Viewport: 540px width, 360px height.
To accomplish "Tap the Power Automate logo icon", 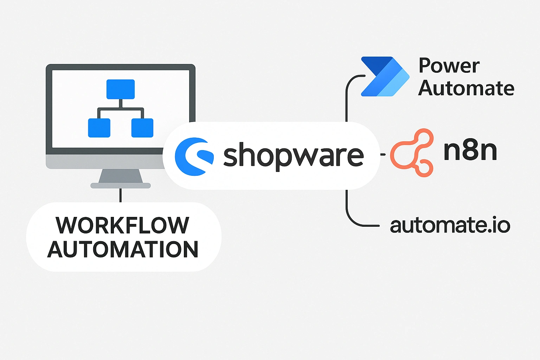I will click(x=385, y=76).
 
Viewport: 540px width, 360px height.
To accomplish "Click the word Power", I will click(x=449, y=66).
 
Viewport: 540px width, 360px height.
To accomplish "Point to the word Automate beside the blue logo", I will click(x=466, y=88).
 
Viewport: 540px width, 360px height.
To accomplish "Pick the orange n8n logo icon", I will click(x=411, y=153).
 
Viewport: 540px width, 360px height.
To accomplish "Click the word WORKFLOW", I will click(x=122, y=225).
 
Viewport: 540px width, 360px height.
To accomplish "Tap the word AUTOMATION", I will click(x=123, y=249).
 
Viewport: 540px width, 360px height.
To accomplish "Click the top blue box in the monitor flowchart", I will click(x=121, y=89).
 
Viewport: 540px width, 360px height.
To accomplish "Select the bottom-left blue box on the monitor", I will click(x=99, y=128).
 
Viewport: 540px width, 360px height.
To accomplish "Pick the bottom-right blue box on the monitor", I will click(x=142, y=128).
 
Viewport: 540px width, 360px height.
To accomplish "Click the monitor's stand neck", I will click(x=121, y=176).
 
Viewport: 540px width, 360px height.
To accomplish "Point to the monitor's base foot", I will click(x=121, y=186).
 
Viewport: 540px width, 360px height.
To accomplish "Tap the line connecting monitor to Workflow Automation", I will click(x=121, y=195).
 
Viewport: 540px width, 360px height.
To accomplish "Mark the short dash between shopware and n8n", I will click(x=383, y=154).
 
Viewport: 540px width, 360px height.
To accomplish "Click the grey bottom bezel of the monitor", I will click(x=105, y=162).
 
